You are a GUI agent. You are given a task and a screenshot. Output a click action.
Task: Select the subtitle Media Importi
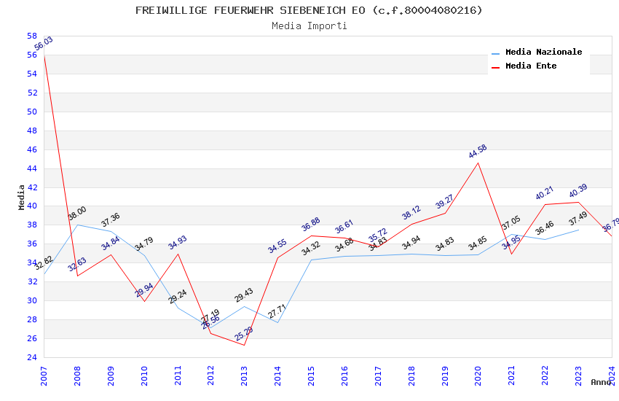click(x=309, y=26)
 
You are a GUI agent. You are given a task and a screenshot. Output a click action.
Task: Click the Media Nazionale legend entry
click(x=543, y=52)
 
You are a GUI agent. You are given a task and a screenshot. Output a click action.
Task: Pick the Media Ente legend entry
click(x=531, y=66)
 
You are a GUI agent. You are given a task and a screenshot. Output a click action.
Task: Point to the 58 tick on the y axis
click(x=32, y=36)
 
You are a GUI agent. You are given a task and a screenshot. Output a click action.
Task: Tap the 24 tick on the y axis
click(x=32, y=357)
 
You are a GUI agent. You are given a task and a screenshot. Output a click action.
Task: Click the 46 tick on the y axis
click(x=32, y=149)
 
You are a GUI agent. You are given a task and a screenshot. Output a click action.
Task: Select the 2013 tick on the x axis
click(x=244, y=375)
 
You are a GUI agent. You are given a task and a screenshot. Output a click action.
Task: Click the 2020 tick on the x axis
click(x=478, y=375)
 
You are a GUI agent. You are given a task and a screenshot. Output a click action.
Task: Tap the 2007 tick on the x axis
click(x=44, y=375)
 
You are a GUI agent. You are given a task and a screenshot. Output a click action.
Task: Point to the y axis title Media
click(x=21, y=197)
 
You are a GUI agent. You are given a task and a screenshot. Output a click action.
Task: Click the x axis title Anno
click(x=601, y=382)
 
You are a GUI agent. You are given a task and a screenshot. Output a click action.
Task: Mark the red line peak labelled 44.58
click(x=478, y=163)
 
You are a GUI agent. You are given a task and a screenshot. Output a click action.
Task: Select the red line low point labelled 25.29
click(x=244, y=345)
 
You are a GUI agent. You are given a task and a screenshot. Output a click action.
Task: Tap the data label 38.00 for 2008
click(x=77, y=214)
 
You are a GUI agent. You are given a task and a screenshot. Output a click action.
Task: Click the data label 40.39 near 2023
click(x=578, y=191)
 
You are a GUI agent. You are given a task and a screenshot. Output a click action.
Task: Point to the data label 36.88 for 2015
click(x=311, y=225)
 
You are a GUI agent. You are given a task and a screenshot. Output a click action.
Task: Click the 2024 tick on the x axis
click(x=611, y=375)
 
